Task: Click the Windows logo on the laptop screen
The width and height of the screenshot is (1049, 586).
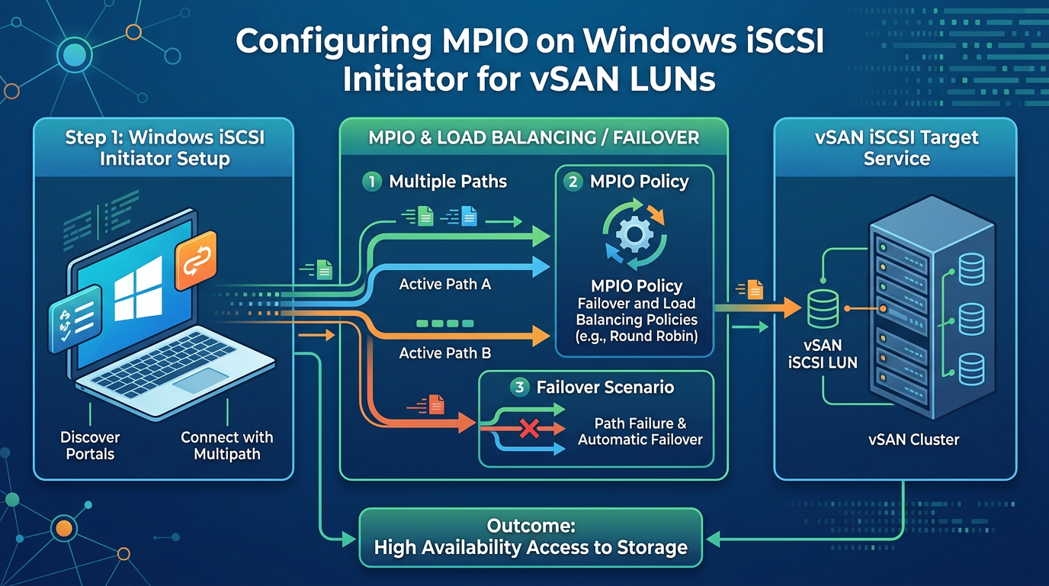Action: (138, 288)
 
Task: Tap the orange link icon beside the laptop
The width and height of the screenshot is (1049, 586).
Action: (196, 261)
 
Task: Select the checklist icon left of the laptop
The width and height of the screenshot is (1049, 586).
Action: (75, 318)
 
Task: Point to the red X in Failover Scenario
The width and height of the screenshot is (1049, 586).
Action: (529, 429)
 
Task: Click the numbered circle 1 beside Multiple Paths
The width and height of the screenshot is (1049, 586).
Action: (372, 182)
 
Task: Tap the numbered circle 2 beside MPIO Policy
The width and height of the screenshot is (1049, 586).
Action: (573, 182)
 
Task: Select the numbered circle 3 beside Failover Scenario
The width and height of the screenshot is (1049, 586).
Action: (519, 387)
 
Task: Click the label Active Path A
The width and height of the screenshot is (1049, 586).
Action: (445, 284)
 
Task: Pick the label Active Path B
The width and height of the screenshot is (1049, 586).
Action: (445, 353)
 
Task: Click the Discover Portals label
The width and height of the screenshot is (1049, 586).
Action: (90, 446)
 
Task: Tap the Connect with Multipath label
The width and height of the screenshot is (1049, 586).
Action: (227, 446)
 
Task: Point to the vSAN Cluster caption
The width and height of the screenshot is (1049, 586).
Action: (913, 439)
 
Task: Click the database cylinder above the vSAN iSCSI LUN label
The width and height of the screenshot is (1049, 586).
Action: (823, 308)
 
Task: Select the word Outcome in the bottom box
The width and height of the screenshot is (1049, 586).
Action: (531, 526)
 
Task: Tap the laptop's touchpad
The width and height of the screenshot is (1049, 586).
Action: (201, 380)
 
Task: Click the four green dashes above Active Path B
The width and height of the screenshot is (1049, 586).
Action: (445, 324)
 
